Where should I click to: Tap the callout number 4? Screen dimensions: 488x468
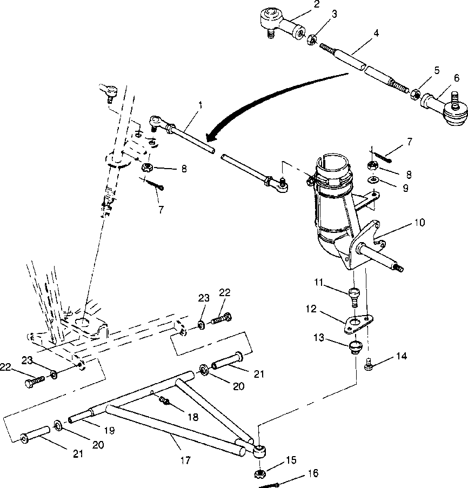[376, 33]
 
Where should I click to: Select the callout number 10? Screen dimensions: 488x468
[420, 222]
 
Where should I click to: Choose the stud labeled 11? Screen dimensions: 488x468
[355, 295]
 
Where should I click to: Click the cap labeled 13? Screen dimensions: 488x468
[354, 346]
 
